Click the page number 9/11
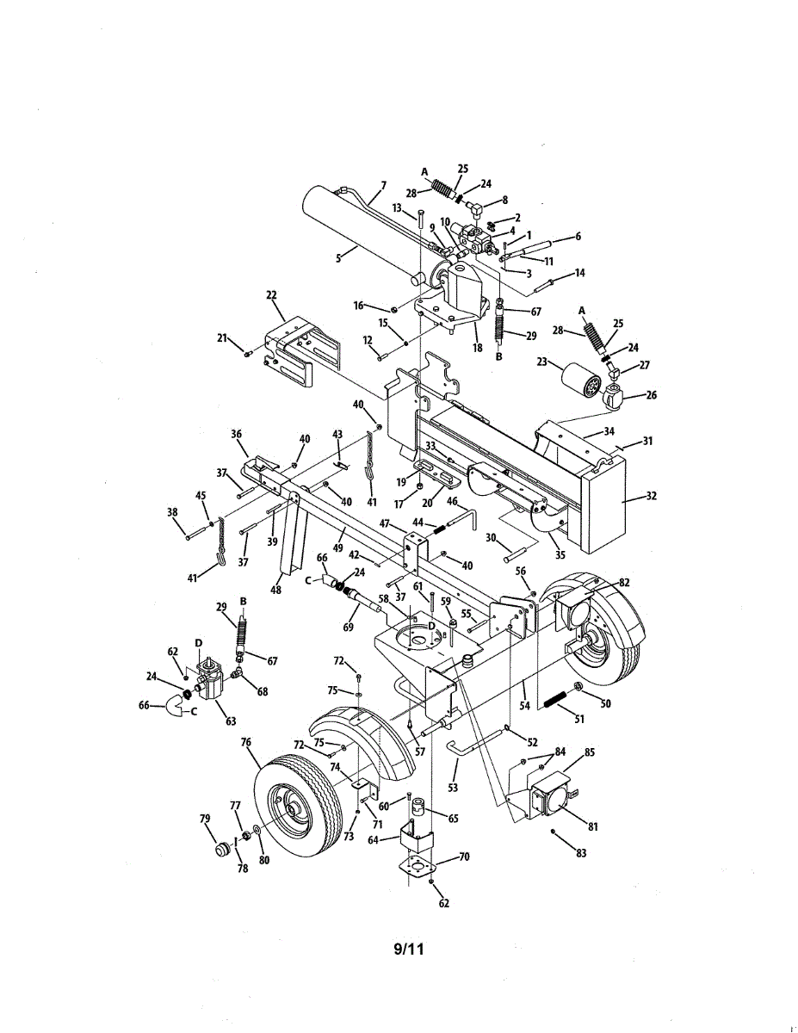409,949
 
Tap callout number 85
590,752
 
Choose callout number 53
453,787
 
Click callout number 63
231,721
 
